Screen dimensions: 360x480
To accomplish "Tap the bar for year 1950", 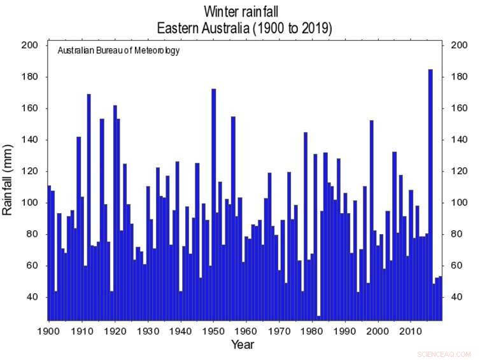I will (x=214, y=204).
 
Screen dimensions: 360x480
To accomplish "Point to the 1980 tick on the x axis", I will (x=313, y=321).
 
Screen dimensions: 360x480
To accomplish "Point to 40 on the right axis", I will (x=456, y=298).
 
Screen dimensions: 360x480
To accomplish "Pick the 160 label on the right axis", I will (x=459, y=109).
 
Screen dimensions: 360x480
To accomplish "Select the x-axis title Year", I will (x=243, y=345).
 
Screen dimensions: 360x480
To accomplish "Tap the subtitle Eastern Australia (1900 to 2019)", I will (x=244, y=29).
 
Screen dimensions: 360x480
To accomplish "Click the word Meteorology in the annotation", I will (x=155, y=51).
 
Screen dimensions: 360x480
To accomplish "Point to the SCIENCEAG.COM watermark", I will (x=444, y=354).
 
